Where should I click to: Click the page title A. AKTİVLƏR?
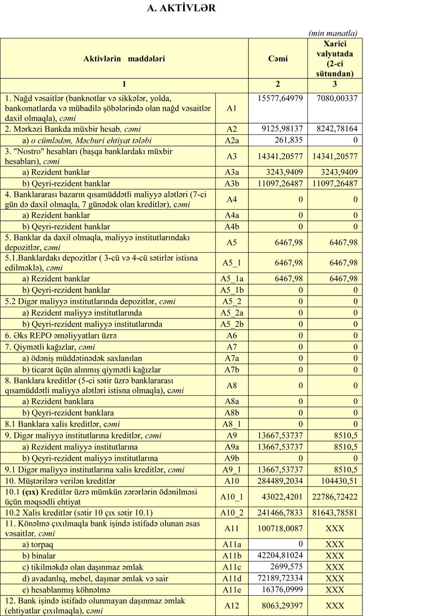[x=181, y=9]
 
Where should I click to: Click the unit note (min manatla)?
[x=333, y=33]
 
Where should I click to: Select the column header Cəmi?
[x=278, y=59]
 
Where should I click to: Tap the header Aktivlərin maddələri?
[x=124, y=59]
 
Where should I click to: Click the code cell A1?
[x=232, y=108]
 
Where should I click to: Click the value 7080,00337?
[x=336, y=98]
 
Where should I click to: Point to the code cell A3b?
[x=232, y=183]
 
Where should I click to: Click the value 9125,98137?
[x=282, y=129]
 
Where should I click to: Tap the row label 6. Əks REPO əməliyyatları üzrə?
[x=60, y=336]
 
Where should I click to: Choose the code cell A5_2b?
[x=232, y=324]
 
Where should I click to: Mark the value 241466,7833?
[x=281, y=513]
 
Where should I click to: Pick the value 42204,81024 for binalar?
[x=282, y=556]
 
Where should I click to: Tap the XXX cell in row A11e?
[x=335, y=589]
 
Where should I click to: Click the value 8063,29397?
[x=282, y=605]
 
